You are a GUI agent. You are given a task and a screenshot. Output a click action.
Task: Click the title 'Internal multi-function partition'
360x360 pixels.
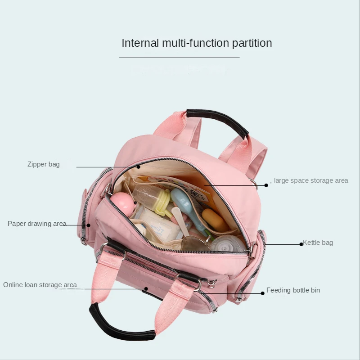(197, 43)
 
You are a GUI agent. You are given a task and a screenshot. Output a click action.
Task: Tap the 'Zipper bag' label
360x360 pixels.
(43, 164)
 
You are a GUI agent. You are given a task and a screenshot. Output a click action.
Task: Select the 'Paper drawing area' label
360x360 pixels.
(37, 224)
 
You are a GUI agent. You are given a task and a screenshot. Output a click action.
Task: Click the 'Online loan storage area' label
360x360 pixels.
(40, 285)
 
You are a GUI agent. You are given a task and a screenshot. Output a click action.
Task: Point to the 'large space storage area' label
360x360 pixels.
(310, 180)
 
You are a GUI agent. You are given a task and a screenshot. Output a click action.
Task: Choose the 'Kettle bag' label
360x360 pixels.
(318, 243)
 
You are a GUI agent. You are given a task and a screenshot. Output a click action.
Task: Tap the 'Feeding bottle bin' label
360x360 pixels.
(293, 290)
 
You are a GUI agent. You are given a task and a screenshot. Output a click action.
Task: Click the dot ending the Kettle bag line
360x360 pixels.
(301, 244)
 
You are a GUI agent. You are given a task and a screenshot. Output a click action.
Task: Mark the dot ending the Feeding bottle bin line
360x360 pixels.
(262, 293)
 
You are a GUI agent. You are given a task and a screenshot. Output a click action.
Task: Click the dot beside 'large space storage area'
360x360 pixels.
(266, 185)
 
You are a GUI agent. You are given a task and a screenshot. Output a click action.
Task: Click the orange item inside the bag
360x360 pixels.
(214, 219)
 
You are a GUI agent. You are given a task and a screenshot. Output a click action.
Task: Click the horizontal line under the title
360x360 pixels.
(179, 57)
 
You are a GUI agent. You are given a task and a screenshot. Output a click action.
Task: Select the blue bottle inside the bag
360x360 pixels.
(189, 207)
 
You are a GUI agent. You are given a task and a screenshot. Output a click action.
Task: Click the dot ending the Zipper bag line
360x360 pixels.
(139, 167)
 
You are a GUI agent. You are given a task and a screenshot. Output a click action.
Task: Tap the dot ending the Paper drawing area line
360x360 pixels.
(88, 225)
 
